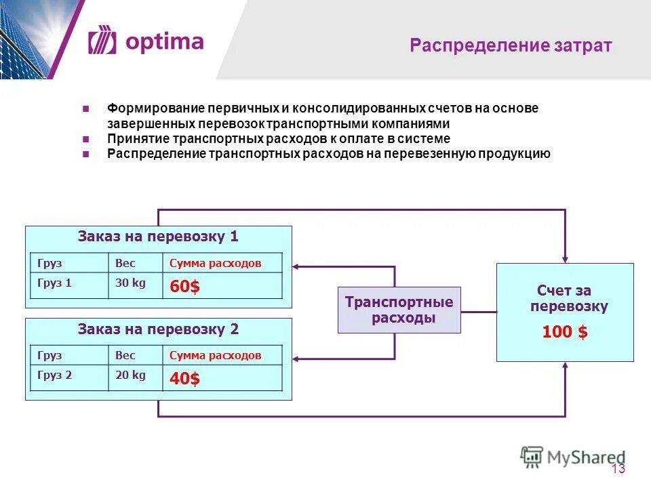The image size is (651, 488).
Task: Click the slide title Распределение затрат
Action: pyautogui.click(x=511, y=46)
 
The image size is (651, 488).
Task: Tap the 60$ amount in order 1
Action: pyautogui.click(x=184, y=287)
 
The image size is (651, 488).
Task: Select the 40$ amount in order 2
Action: pyautogui.click(x=184, y=379)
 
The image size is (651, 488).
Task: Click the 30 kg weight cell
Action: pyautogui.click(x=130, y=283)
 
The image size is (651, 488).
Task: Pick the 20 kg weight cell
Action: pyautogui.click(x=130, y=375)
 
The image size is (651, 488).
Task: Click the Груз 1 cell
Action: pyautogui.click(x=55, y=283)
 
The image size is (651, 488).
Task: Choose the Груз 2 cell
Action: pyautogui.click(x=55, y=375)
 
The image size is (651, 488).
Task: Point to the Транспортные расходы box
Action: pyautogui.click(x=399, y=310)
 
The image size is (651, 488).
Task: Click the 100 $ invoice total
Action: pyautogui.click(x=564, y=332)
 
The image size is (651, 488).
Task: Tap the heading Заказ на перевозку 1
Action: pyautogui.click(x=158, y=237)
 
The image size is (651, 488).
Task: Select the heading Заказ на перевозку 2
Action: pyautogui.click(x=158, y=329)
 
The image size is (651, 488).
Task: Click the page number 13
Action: pyautogui.click(x=618, y=469)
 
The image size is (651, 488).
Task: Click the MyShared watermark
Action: pyautogui.click(x=573, y=457)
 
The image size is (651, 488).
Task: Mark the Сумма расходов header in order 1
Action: pyautogui.click(x=215, y=263)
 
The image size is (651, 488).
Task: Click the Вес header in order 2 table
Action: pyautogui.click(x=125, y=355)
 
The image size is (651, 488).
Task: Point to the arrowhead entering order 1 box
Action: pyautogui.click(x=297, y=266)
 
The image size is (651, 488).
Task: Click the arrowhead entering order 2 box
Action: pyautogui.click(x=297, y=358)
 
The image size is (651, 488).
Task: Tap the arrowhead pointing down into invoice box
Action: pyautogui.click(x=564, y=258)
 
